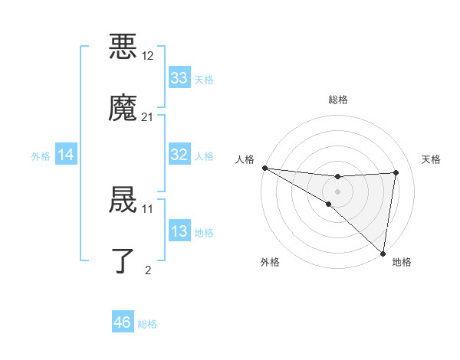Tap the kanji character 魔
[x=124, y=107]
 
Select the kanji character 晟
[x=124, y=199]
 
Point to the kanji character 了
[x=124, y=260]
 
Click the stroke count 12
[x=148, y=56]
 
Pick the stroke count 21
[x=148, y=117]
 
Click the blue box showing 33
[x=179, y=78]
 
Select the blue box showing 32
[x=179, y=155]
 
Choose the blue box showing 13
[x=179, y=231]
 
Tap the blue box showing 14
[x=66, y=155]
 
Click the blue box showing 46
[x=123, y=322]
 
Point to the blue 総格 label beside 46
[x=147, y=324]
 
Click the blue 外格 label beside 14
[x=41, y=156]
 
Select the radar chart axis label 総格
[x=338, y=100]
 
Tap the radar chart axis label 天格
[x=431, y=159]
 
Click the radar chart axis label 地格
[x=402, y=262]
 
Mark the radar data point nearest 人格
[x=264, y=167]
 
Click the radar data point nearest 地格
[x=383, y=253]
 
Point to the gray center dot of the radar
[x=338, y=190]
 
